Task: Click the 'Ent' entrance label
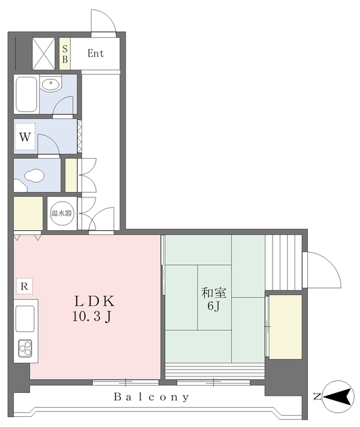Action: tap(96, 53)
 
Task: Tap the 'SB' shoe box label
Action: tap(65, 54)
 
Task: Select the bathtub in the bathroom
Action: tap(26, 94)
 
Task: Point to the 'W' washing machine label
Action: tap(25, 136)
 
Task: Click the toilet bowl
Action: tap(34, 175)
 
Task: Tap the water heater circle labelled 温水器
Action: tap(62, 213)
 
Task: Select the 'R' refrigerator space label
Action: tap(24, 286)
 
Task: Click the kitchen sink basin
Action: tap(25, 319)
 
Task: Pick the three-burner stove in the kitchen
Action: tap(25, 348)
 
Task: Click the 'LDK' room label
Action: tap(94, 301)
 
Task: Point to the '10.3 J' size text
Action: tap(92, 316)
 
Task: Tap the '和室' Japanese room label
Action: tap(214, 293)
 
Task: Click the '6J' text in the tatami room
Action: tap(214, 306)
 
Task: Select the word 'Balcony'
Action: tap(151, 397)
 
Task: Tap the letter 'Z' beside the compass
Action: tap(317, 397)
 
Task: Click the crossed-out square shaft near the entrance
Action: tap(43, 53)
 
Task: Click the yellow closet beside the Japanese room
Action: tap(286, 327)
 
